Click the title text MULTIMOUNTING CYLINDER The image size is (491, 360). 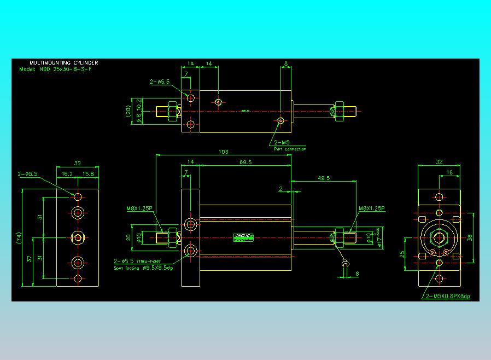tap(63, 63)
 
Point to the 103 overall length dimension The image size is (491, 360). tap(223, 152)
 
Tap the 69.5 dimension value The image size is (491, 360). tap(245, 162)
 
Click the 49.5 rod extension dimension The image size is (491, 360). tap(324, 178)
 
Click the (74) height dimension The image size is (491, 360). tap(18, 238)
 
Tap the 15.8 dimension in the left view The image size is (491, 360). tap(88, 174)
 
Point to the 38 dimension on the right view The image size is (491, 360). tap(470, 237)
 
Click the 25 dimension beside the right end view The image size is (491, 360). tap(402, 254)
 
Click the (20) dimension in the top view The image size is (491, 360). tap(128, 111)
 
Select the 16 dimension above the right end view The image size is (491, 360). tap(449, 172)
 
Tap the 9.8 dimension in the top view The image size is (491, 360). tap(139, 117)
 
